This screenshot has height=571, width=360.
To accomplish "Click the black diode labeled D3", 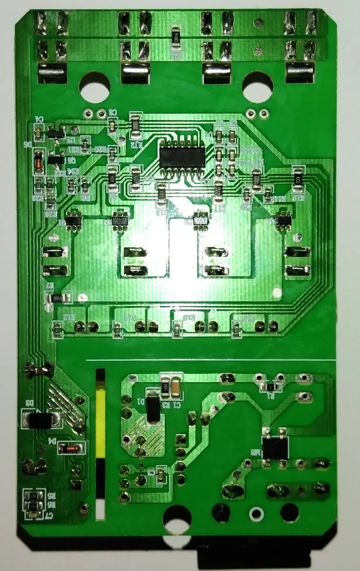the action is tap(40, 420).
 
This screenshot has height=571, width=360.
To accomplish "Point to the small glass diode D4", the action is tap(71, 448).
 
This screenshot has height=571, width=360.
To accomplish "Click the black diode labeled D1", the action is tap(153, 407).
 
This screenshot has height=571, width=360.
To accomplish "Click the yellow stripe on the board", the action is tap(100, 421).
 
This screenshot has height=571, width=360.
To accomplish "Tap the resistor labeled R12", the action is tap(58, 328).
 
